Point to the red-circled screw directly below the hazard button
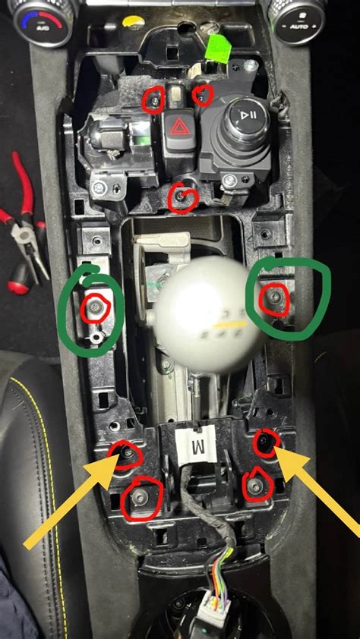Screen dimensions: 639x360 pos(182,197)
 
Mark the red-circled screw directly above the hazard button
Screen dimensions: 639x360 pos(156,99)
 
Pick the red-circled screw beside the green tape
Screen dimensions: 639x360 pos(202,94)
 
